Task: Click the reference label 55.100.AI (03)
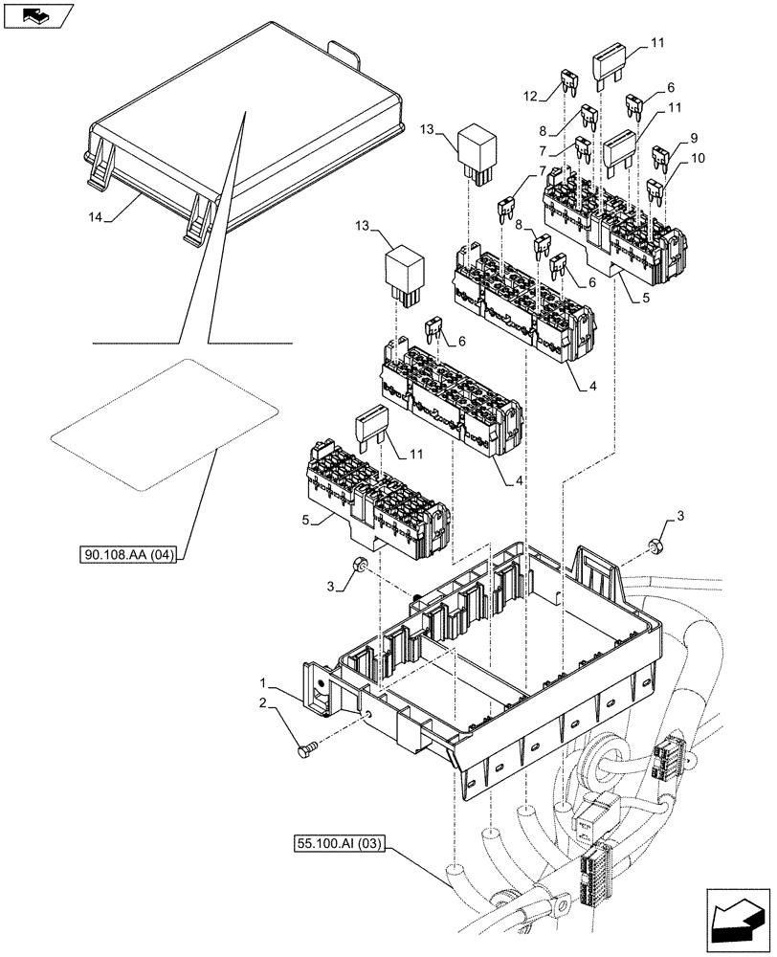(338, 843)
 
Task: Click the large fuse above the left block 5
(373, 432)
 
